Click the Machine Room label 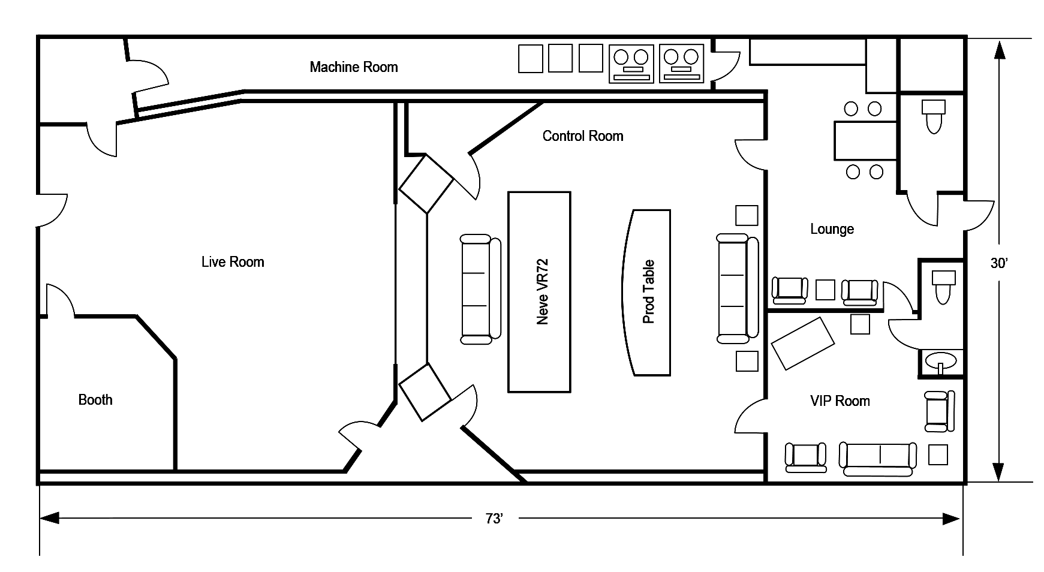point(354,67)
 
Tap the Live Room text point(233,262)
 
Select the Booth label point(95,400)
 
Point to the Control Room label point(583,136)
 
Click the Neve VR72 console point(539,292)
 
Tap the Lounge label point(832,229)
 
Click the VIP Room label point(840,401)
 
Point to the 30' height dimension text point(999,263)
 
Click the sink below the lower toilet point(940,362)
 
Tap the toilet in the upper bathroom point(934,116)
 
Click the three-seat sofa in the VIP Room point(878,459)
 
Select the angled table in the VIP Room point(802,343)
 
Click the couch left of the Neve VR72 point(480,289)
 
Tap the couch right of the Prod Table point(737,288)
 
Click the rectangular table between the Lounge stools point(865,140)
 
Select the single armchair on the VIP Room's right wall point(939,411)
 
